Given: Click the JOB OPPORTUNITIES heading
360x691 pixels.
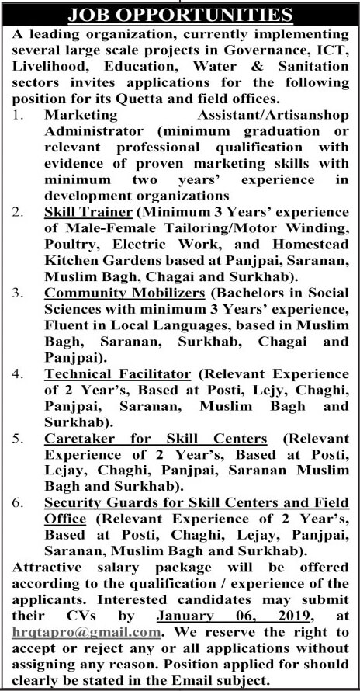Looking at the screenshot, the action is (180, 15).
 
